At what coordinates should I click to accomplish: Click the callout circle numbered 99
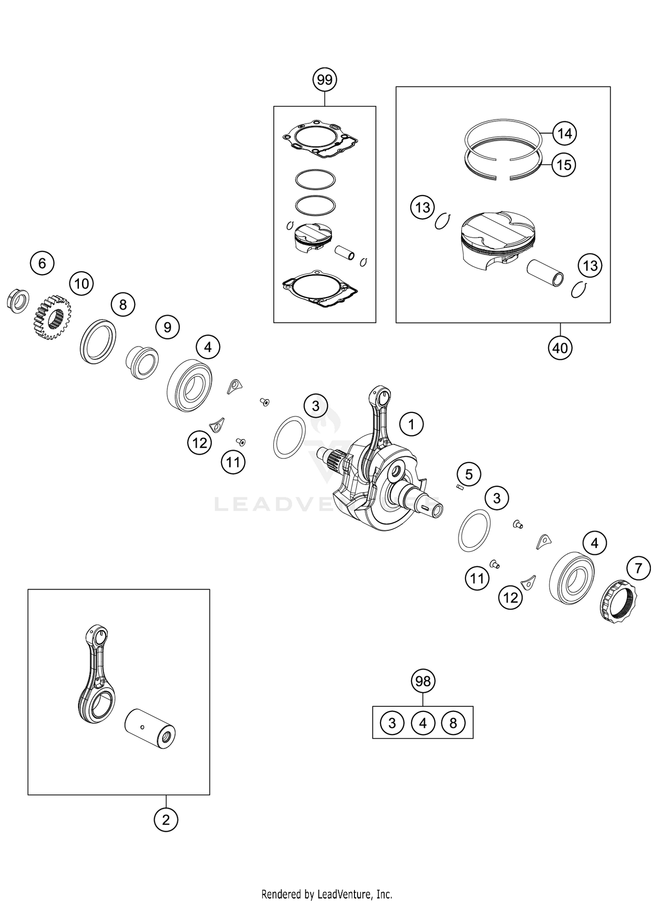click(x=325, y=80)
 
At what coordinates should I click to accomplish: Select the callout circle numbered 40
click(x=560, y=348)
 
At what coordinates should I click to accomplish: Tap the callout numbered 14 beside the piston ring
click(x=565, y=133)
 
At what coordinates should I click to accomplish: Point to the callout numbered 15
click(x=564, y=165)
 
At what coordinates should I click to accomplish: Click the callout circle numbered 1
click(x=411, y=424)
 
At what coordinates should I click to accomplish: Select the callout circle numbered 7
click(x=638, y=568)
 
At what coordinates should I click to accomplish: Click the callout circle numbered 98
click(x=423, y=681)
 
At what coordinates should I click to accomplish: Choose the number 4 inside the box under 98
click(x=423, y=723)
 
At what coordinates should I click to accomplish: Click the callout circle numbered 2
click(x=166, y=820)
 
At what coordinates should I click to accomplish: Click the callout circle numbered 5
click(x=469, y=474)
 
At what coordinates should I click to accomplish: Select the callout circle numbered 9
click(x=168, y=327)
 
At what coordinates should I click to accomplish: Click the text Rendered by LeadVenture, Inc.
click(x=327, y=894)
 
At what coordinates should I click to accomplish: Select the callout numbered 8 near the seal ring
click(x=123, y=304)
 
